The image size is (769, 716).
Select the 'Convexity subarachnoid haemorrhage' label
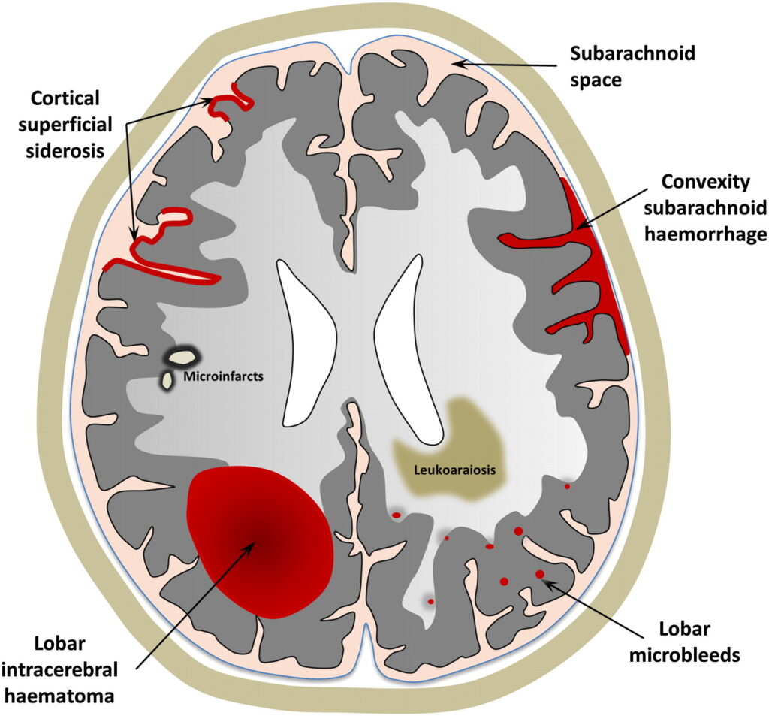click(713, 207)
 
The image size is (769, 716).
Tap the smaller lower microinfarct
click(167, 382)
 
